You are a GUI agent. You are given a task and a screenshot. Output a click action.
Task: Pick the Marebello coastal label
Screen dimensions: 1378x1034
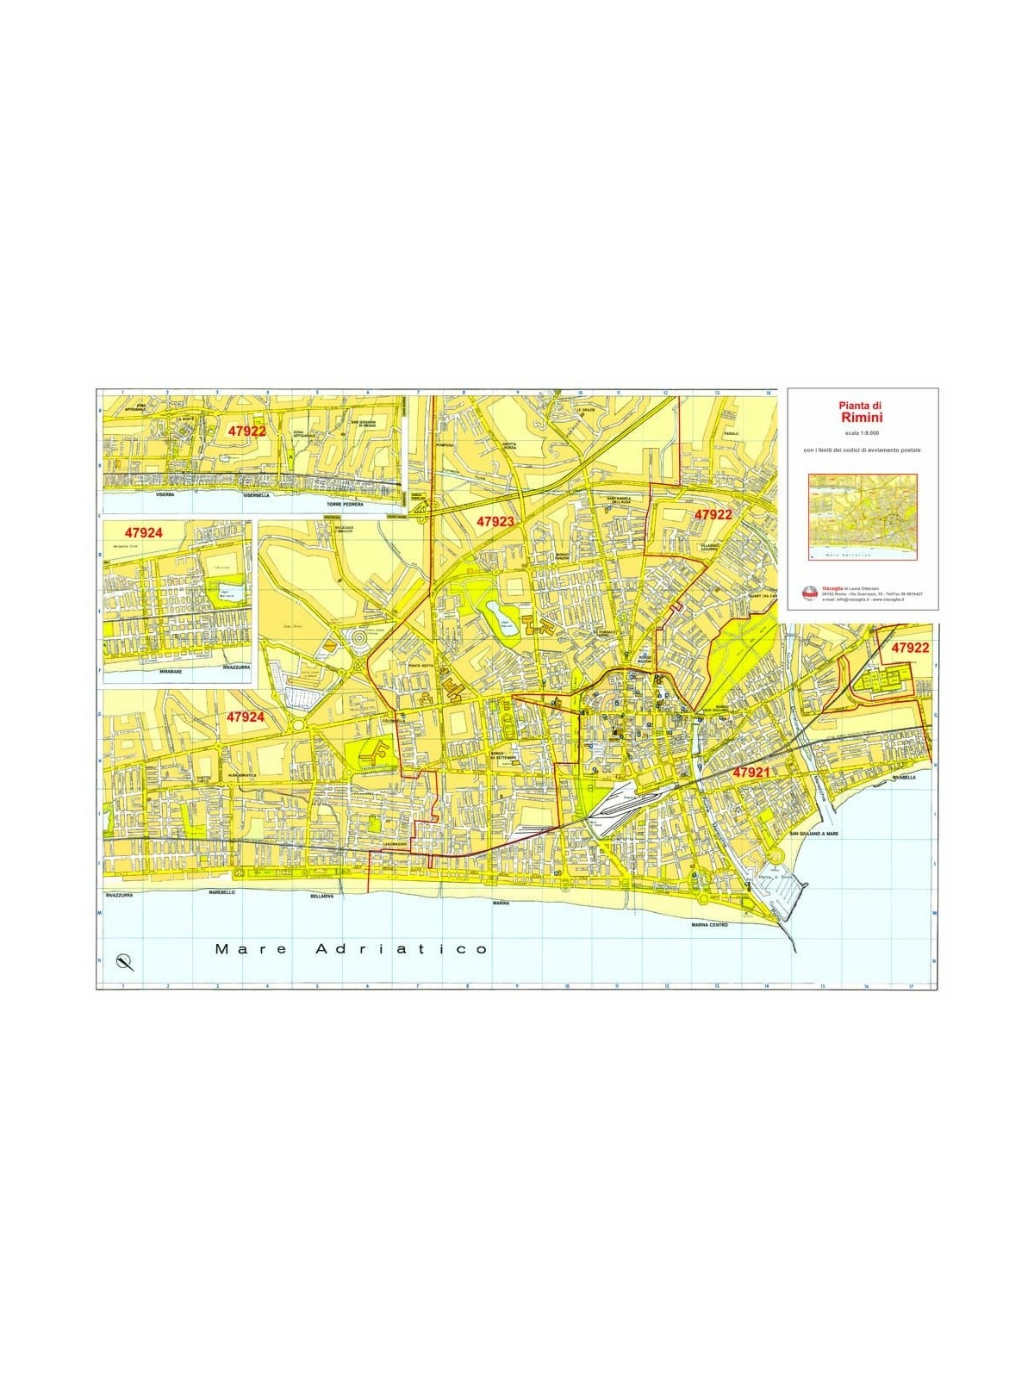click(222, 893)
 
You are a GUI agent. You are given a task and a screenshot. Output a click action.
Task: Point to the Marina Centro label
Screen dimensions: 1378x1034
click(709, 925)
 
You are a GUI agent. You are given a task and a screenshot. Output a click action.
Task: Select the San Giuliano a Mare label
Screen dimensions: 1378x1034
click(818, 834)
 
